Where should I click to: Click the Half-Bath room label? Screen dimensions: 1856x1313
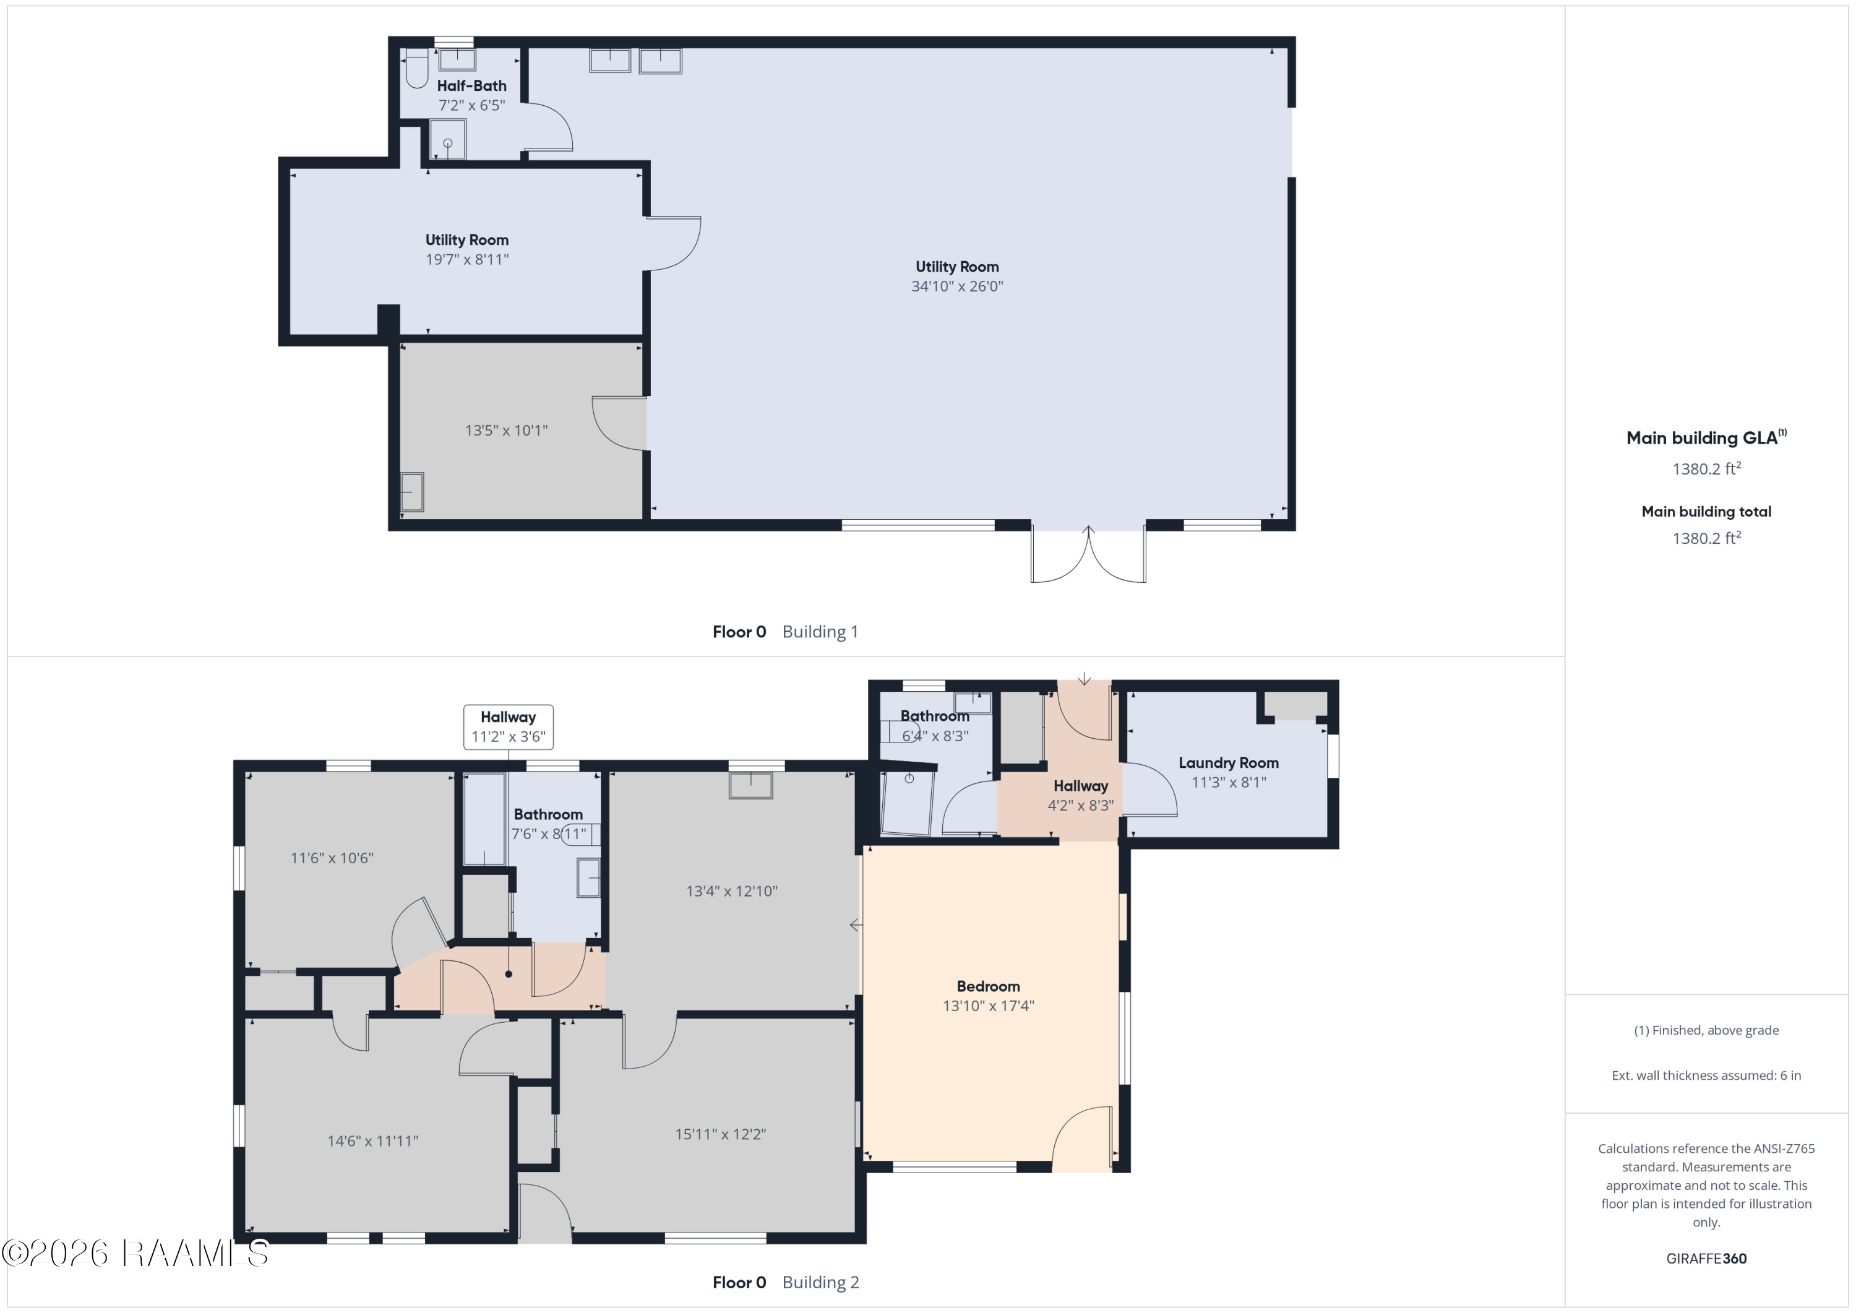(471, 86)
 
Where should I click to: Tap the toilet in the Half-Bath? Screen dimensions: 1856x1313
(416, 68)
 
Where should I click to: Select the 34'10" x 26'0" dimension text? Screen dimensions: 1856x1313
(957, 286)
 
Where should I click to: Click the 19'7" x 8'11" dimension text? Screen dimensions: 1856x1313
(467, 259)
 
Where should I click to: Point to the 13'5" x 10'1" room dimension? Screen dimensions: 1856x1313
(506, 430)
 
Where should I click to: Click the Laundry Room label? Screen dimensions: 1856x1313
(1229, 762)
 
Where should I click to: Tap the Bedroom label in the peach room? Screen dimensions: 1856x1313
(988, 986)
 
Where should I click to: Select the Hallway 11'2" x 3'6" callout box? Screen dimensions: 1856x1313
(509, 727)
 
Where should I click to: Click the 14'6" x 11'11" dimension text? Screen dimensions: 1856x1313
(372, 1141)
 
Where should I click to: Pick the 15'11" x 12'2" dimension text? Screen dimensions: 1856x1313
(720, 1134)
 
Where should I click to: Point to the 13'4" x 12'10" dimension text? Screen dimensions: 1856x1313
(731, 891)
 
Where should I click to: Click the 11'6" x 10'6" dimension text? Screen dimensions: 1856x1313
(332, 858)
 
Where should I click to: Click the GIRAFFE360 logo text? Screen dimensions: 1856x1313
(1706, 1259)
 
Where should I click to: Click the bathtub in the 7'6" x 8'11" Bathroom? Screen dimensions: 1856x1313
(485, 819)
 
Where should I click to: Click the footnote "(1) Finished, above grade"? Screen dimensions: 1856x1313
(1706, 1030)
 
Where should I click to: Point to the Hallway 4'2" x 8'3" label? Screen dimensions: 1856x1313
(1081, 796)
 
